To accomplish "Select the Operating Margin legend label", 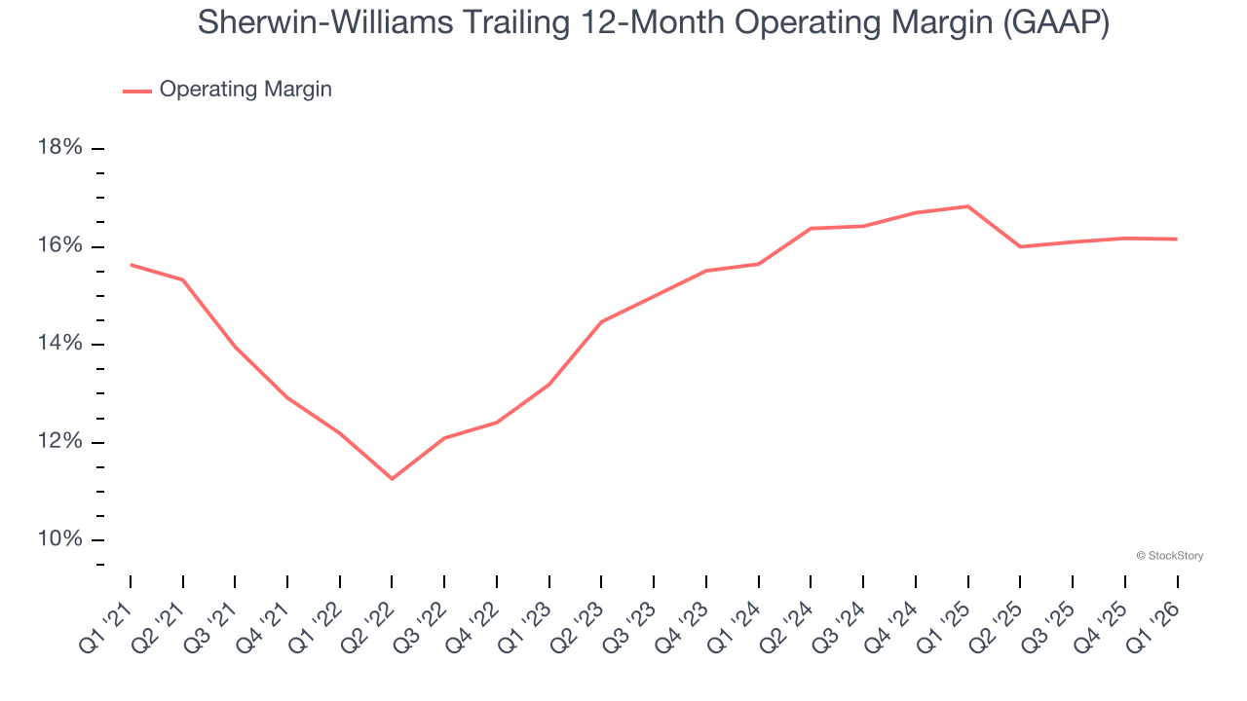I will click(x=246, y=90).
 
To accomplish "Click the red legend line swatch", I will click(x=137, y=91).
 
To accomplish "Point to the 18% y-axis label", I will click(x=59, y=148).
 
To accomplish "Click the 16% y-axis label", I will click(x=59, y=245).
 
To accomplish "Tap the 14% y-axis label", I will click(x=59, y=344).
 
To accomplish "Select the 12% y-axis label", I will click(x=59, y=442).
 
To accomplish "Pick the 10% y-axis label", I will click(x=59, y=540).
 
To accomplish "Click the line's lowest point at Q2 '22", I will click(x=392, y=479).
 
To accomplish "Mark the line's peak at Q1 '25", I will click(x=967, y=206).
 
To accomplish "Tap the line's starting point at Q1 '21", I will click(x=131, y=265).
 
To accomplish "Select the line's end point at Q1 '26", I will click(x=1177, y=240).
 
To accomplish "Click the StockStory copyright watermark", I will click(x=1169, y=556).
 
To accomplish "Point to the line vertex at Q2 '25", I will click(x=1020, y=246).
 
